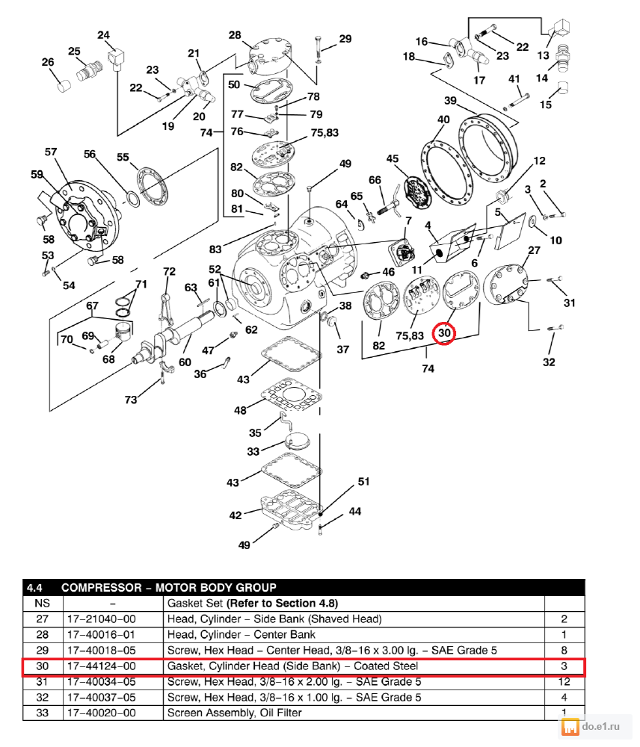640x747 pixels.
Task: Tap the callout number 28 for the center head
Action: click(235, 35)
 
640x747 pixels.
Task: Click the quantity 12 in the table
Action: click(564, 681)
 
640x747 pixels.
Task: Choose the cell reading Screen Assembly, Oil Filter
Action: click(234, 713)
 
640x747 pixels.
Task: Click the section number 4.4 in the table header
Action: click(35, 587)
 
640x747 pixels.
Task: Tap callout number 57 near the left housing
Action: click(51, 152)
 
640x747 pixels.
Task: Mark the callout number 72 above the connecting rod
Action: click(169, 271)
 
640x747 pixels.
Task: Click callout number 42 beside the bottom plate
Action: click(236, 515)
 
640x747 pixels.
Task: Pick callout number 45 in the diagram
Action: click(393, 158)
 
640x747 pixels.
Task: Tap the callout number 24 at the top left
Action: click(103, 35)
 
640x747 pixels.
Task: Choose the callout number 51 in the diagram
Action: click(363, 482)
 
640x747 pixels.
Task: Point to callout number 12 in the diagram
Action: click(539, 161)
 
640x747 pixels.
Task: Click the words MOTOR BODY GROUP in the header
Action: click(215, 587)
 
